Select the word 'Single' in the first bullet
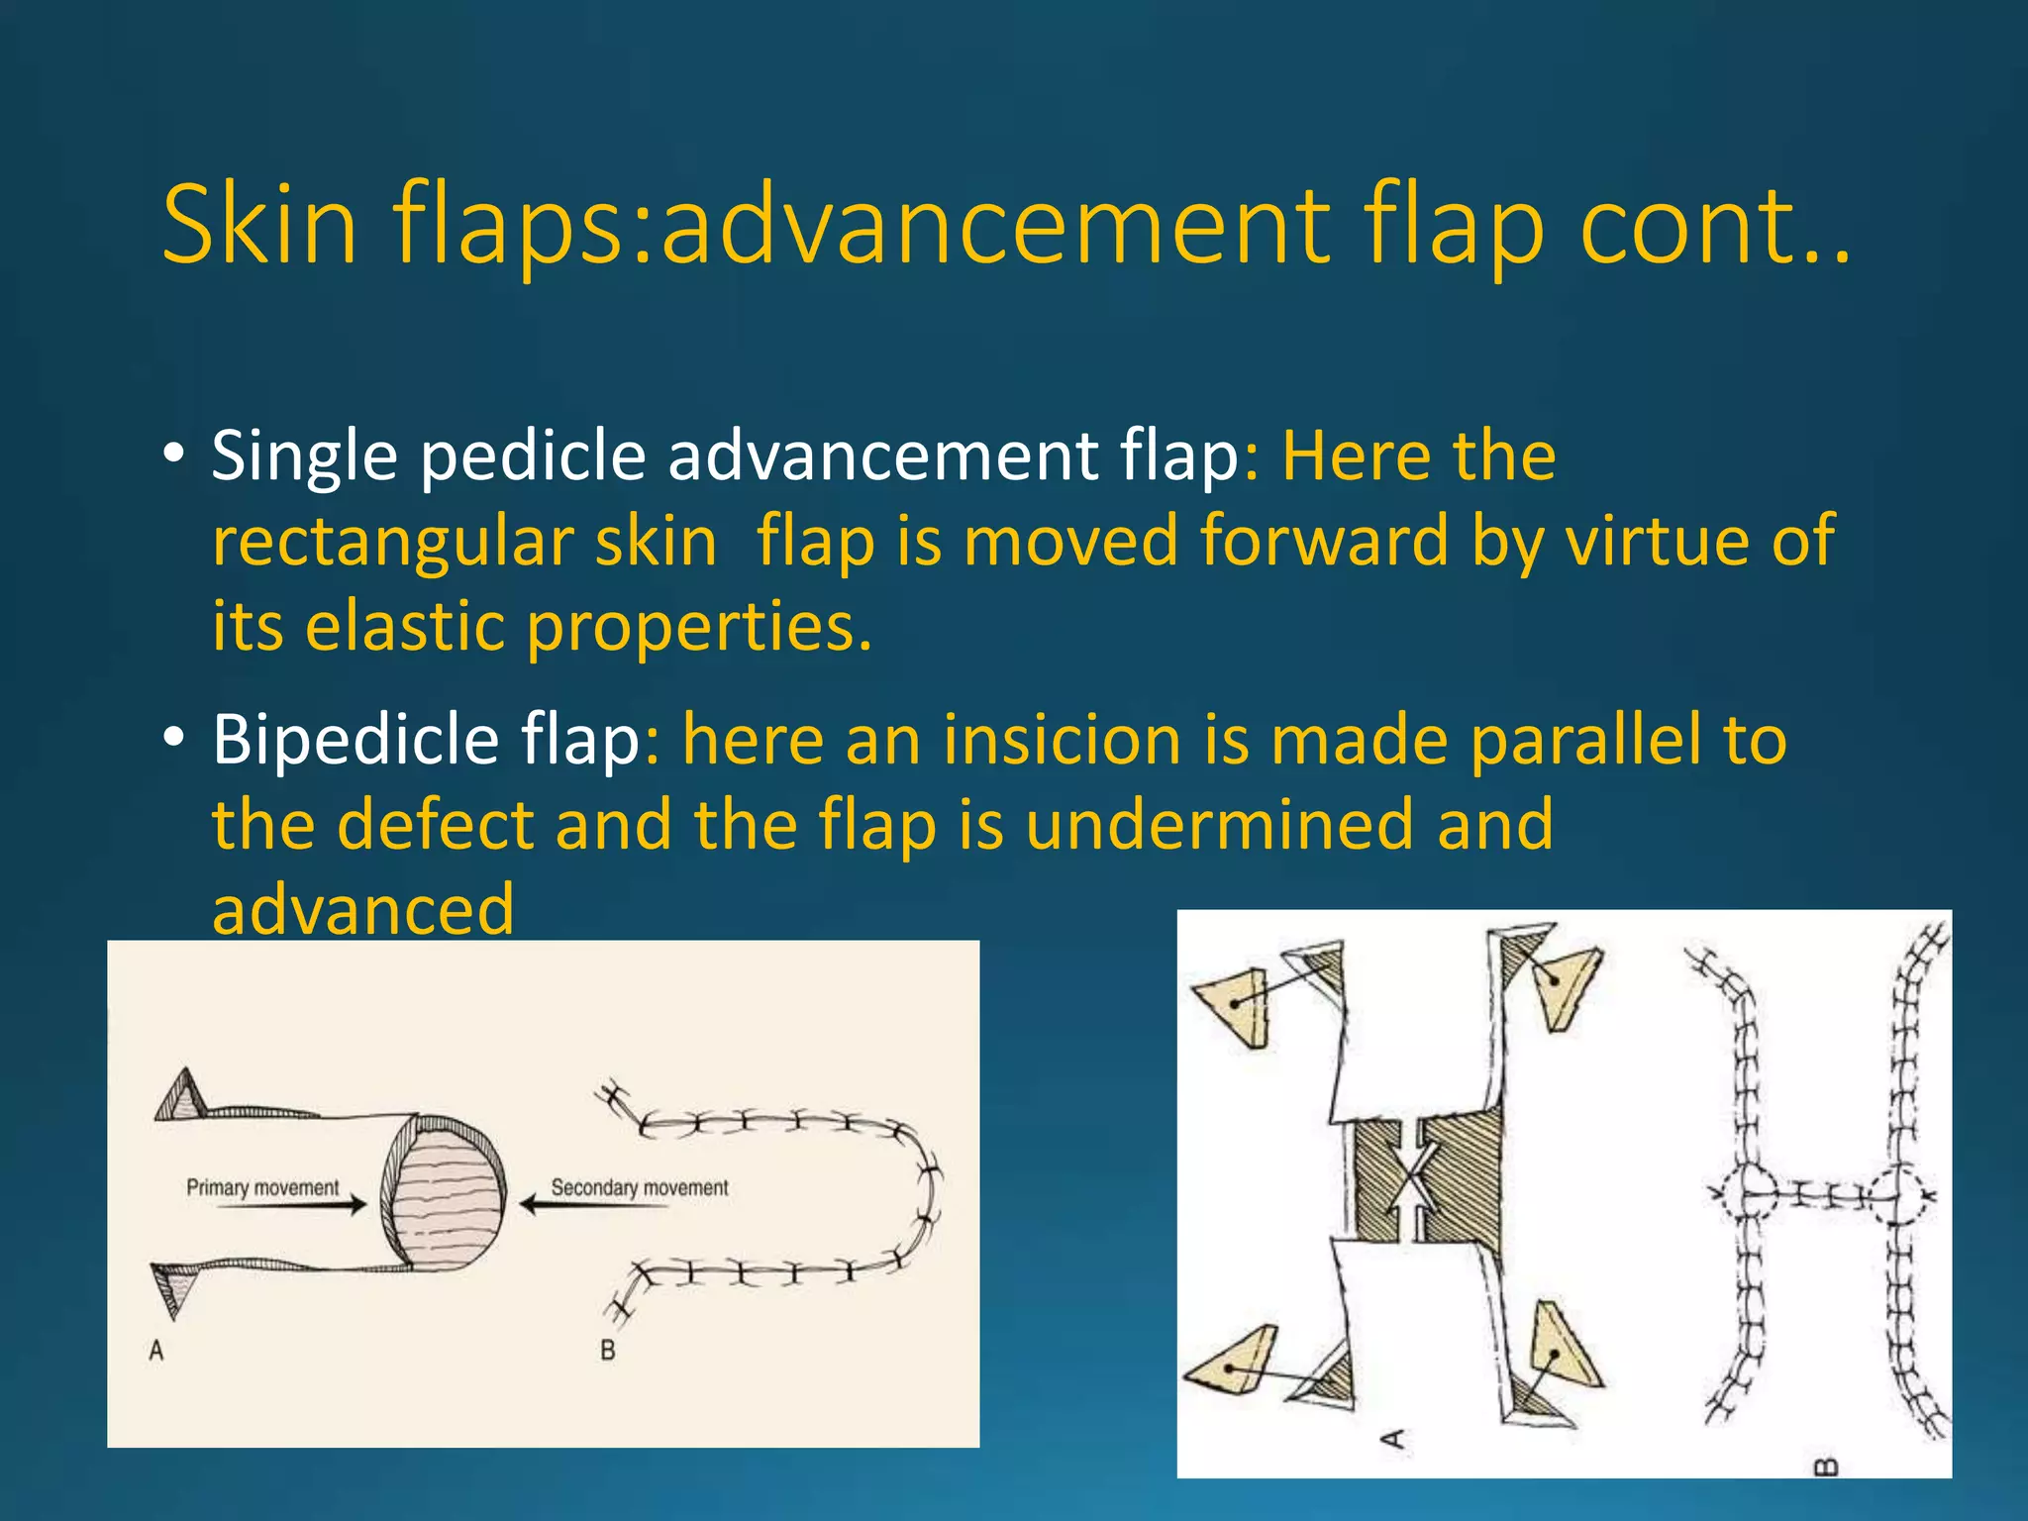click(x=304, y=456)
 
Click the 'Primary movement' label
click(x=262, y=1187)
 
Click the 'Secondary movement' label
click(x=640, y=1187)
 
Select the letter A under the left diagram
click(x=156, y=1351)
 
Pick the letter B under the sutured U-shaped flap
click(x=608, y=1351)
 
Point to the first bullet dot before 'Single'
click(x=174, y=455)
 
